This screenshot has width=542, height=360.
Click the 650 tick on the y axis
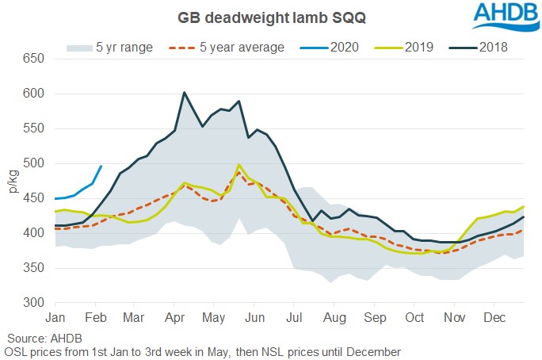coord(32,59)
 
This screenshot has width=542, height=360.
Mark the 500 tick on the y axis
coord(32,163)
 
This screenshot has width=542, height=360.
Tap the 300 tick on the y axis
coord(32,303)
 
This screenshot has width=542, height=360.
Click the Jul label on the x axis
coord(293,318)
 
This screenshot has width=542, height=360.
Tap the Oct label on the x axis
coord(414,318)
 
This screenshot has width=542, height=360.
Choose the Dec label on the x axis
coord(494,318)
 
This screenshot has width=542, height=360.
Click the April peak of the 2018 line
coord(184,93)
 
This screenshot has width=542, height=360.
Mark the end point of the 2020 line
coord(101,167)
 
